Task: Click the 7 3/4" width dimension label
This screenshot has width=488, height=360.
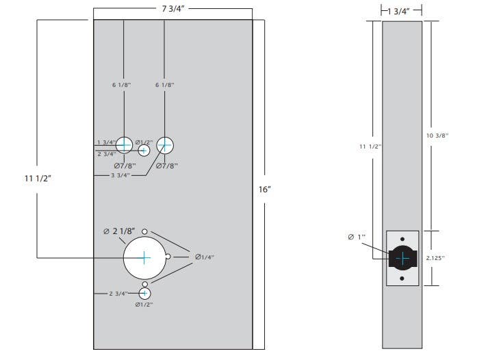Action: (172, 8)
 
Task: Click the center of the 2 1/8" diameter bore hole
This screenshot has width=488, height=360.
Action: (144, 257)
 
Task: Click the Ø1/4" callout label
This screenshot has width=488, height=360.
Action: (205, 257)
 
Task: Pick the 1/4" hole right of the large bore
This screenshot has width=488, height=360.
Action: (168, 257)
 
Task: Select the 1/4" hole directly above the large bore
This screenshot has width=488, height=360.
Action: (144, 233)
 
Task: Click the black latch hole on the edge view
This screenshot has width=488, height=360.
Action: (402, 258)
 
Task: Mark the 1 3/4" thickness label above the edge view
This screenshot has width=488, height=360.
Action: (401, 10)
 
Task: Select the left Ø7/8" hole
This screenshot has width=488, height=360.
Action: (124, 144)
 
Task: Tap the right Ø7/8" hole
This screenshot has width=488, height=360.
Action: (165, 144)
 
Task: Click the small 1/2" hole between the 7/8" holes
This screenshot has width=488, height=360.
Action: (144, 151)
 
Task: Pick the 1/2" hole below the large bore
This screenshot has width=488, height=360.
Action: (144, 293)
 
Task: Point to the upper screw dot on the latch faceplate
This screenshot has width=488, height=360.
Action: (402, 237)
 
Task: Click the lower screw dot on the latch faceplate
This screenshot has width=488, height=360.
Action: (402, 279)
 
